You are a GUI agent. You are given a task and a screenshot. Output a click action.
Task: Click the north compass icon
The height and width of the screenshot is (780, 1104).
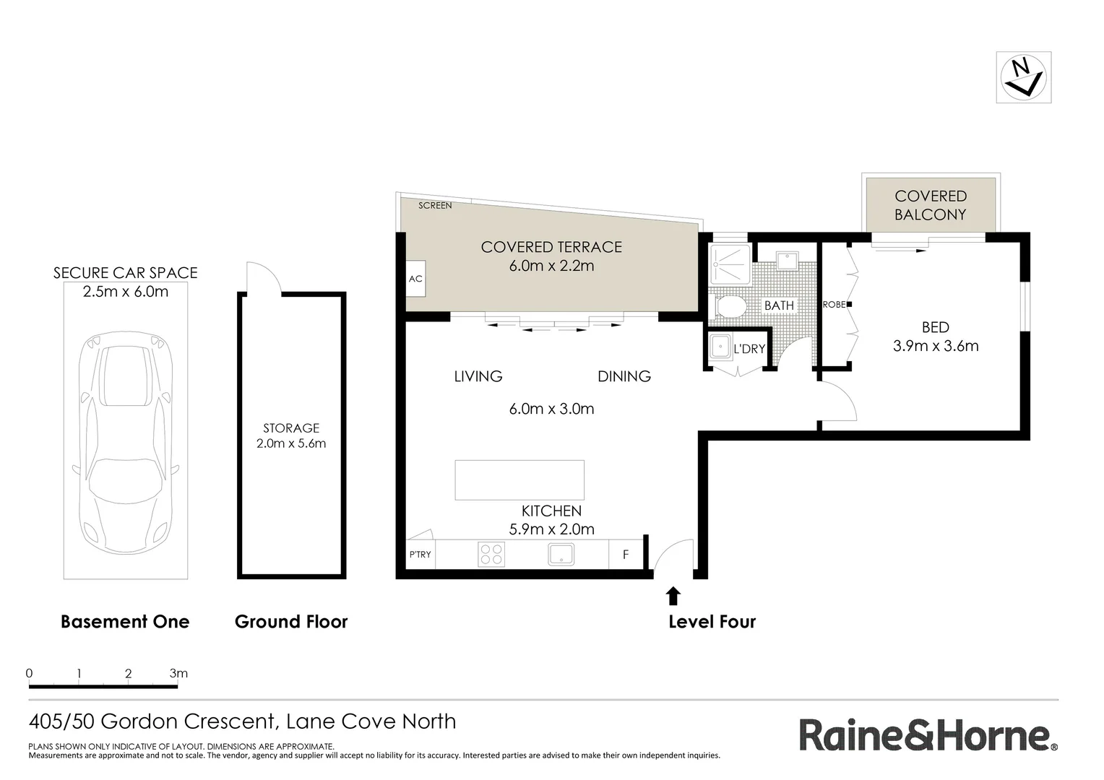[x=1023, y=77]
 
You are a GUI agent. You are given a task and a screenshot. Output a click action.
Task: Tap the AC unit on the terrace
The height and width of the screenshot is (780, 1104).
[x=415, y=279]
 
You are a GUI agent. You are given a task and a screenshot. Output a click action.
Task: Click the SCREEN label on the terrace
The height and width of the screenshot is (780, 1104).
[x=435, y=206]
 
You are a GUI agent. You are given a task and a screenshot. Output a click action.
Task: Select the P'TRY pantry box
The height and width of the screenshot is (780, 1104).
[x=420, y=555]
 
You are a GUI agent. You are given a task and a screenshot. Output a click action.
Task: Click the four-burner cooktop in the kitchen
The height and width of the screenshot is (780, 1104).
[x=491, y=555]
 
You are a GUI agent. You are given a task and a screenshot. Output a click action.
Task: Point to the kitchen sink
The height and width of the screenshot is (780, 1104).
[x=561, y=555]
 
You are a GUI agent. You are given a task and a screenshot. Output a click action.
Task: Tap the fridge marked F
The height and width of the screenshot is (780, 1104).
[x=626, y=555]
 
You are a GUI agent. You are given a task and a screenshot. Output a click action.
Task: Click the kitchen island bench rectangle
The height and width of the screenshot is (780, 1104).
[x=519, y=480]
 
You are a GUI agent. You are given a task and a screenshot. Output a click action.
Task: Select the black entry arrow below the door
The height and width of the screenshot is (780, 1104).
[x=673, y=595]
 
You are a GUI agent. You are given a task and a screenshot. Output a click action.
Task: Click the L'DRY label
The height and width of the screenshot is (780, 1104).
[x=749, y=349]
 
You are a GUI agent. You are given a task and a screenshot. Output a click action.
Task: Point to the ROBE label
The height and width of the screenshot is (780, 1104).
[x=834, y=305]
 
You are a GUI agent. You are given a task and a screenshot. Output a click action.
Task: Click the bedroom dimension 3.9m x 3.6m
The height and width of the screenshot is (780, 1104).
[x=936, y=346]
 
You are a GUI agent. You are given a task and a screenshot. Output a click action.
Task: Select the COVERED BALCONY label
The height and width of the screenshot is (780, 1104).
[x=931, y=205]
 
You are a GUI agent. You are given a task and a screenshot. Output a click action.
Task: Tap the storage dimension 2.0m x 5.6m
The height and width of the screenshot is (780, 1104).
[x=291, y=443]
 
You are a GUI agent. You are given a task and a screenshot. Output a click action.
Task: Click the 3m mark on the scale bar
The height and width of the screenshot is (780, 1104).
[x=178, y=674]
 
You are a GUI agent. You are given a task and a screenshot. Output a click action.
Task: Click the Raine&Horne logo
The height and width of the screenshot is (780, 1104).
[x=928, y=736]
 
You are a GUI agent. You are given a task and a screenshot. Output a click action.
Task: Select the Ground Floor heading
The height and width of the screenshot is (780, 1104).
[x=291, y=622]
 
